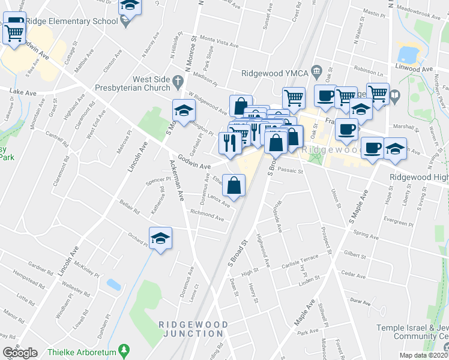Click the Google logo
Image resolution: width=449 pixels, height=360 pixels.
[x=20, y=353]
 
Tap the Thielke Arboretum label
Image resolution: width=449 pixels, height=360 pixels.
[x=83, y=349]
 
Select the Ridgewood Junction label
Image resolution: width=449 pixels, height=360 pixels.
[x=193, y=329]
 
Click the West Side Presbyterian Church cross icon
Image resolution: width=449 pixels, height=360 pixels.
[x=177, y=80]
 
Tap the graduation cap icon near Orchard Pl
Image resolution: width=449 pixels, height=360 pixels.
[x=160, y=239]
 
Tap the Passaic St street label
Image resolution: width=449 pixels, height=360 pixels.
[x=292, y=171]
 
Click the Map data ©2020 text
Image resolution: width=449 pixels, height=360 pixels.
[x=424, y=355]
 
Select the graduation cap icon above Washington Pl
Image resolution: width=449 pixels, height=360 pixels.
[x=184, y=110]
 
